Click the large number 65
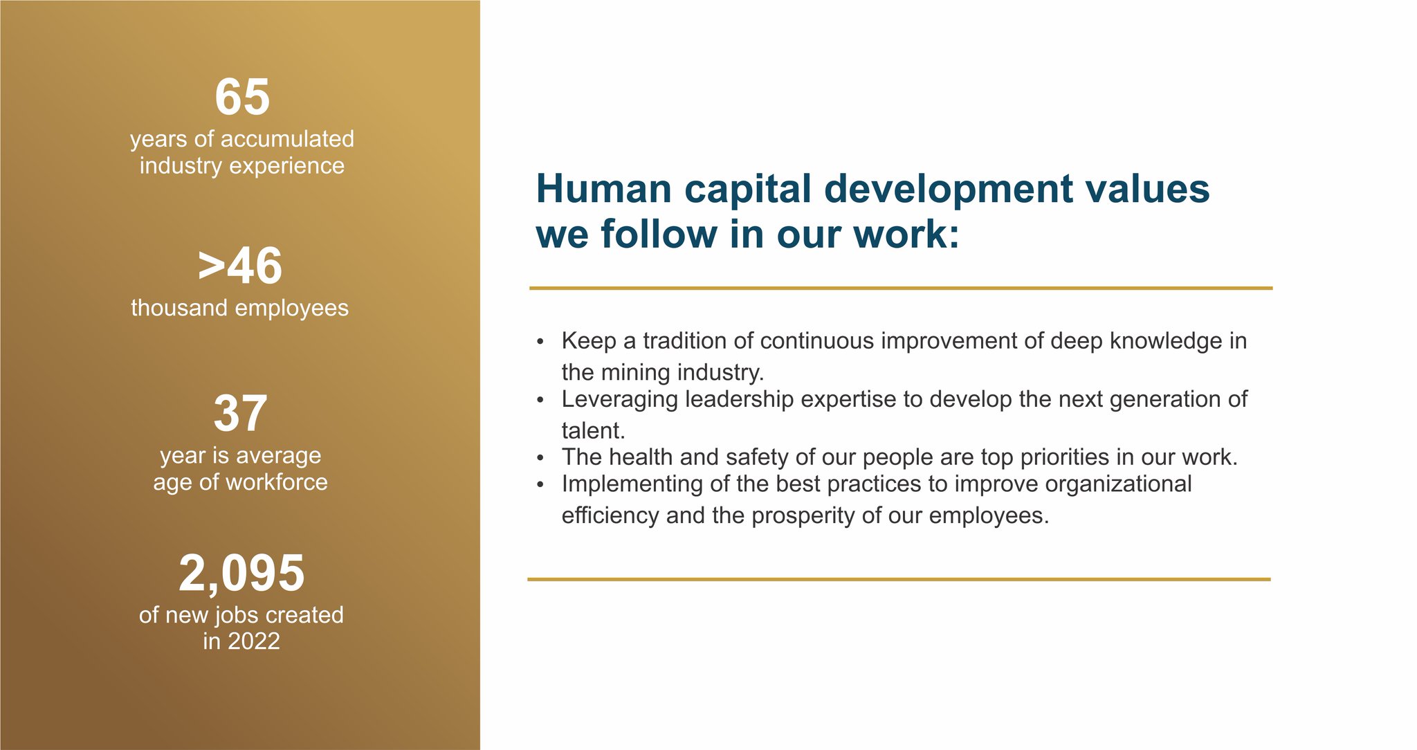coord(242,98)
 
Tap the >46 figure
coord(240,266)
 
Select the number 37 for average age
coord(240,414)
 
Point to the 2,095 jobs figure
coord(241,574)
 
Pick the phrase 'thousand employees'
coord(239,308)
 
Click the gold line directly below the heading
coord(899,288)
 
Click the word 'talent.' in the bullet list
coord(593,431)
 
